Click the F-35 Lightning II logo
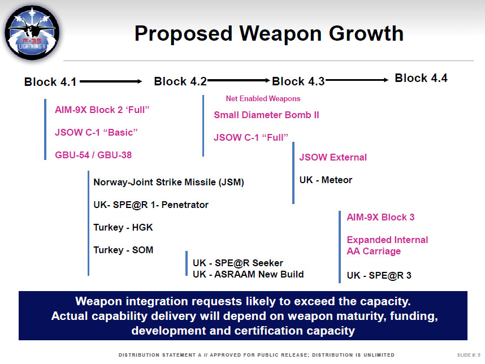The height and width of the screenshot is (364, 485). [x=32, y=32]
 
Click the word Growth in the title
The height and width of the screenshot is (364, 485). [x=366, y=33]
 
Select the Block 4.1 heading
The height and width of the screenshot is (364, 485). [x=50, y=82]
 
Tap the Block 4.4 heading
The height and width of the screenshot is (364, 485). [x=421, y=78]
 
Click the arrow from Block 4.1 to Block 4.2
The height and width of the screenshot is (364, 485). [x=111, y=81]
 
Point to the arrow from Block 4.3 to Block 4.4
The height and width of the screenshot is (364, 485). [x=357, y=80]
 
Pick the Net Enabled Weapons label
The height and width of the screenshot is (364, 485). [x=263, y=98]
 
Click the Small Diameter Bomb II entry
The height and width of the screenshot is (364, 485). [x=266, y=115]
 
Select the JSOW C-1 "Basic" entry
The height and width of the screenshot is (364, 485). [x=96, y=132]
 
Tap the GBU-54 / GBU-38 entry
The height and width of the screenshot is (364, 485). [x=93, y=155]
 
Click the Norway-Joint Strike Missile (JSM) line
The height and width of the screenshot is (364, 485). [x=168, y=182]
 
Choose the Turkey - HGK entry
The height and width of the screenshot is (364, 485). [x=123, y=227]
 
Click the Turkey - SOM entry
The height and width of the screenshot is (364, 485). [x=123, y=250]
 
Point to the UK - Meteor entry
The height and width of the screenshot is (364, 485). [x=326, y=180]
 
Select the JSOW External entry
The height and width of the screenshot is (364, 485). [x=333, y=157]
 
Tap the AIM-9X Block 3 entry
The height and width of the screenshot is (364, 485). [x=380, y=217]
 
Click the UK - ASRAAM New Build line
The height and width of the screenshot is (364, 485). [x=248, y=274]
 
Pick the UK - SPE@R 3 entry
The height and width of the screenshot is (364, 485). [x=379, y=275]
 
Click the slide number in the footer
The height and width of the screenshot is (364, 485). [x=469, y=355]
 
